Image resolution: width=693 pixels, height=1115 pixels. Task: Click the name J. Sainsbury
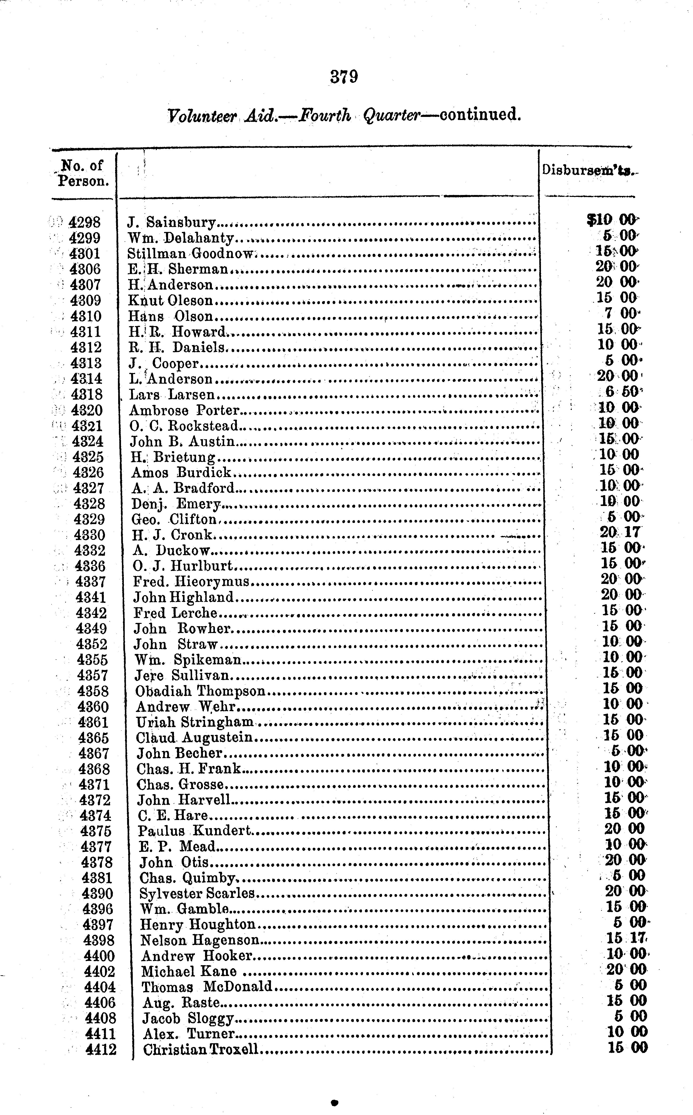pos(171,223)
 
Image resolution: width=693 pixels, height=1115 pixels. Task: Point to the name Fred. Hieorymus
pos(191,581)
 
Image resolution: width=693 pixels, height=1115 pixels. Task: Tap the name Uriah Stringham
pos(195,722)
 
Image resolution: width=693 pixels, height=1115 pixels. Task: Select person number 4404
pos(100,987)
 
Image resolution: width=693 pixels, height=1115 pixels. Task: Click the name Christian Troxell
pos(201,1050)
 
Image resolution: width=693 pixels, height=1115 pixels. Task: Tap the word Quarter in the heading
pos(391,116)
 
